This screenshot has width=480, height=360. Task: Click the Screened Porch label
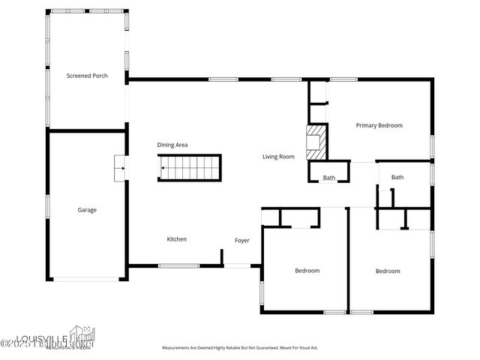[x=87, y=76]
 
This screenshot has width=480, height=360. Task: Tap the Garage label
[x=87, y=210]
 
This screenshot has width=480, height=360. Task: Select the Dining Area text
[x=172, y=145]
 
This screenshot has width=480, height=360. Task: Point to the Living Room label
[x=278, y=157]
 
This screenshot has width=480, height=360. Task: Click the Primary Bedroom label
[x=379, y=125]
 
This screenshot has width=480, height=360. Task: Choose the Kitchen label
[x=176, y=239]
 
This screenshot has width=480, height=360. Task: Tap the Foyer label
[x=241, y=240]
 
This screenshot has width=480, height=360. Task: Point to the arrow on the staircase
[x=163, y=168]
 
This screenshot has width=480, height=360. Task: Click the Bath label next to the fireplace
[x=329, y=178]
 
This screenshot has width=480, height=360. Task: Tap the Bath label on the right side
[x=397, y=177]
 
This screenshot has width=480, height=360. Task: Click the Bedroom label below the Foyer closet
[x=307, y=271]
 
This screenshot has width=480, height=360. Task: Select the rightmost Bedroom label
[x=388, y=271]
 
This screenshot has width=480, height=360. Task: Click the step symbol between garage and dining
[x=119, y=169]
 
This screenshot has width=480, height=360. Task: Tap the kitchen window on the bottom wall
[x=178, y=265]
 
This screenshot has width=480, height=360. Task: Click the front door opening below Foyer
[x=241, y=265]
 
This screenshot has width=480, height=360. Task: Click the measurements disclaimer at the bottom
[x=240, y=348]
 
